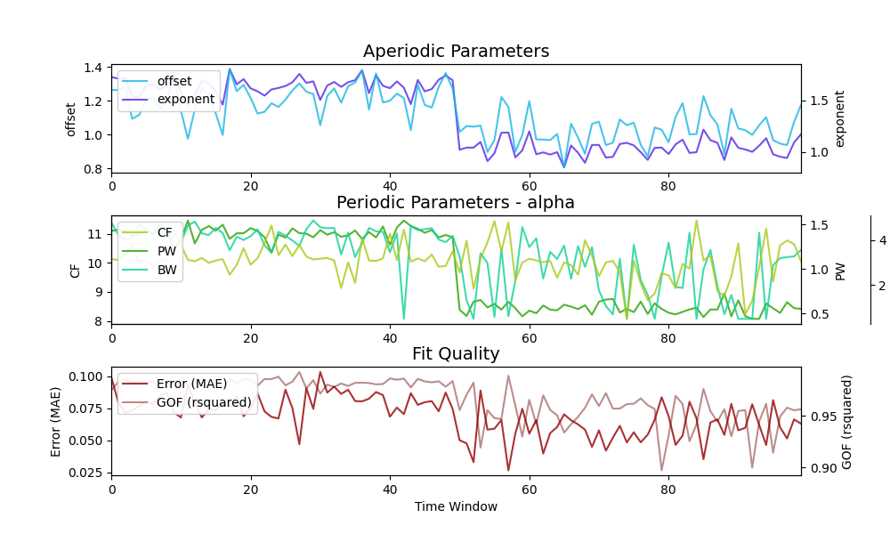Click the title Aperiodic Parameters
pyautogui.click(x=456, y=52)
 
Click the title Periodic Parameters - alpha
pyautogui.click(x=456, y=203)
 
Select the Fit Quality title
pyautogui.click(x=456, y=354)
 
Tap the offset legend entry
pyautogui.click(x=174, y=82)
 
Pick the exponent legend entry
pyautogui.click(x=185, y=99)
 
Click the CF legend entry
pyautogui.click(x=165, y=233)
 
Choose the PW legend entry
pyautogui.click(x=166, y=251)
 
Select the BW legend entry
pyautogui.click(x=166, y=269)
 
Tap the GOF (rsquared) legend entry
pyautogui.click(x=204, y=402)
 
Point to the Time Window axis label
pyautogui.click(x=456, y=507)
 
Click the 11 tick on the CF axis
pyautogui.click(x=95, y=234)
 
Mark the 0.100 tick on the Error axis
pyautogui.click(x=87, y=376)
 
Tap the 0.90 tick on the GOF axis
pyautogui.click(x=821, y=468)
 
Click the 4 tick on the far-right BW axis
pyautogui.click(x=882, y=240)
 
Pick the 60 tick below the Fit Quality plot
pyautogui.click(x=529, y=489)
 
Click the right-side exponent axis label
pyautogui.click(x=840, y=118)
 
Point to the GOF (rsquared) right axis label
pyautogui.click(x=848, y=421)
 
